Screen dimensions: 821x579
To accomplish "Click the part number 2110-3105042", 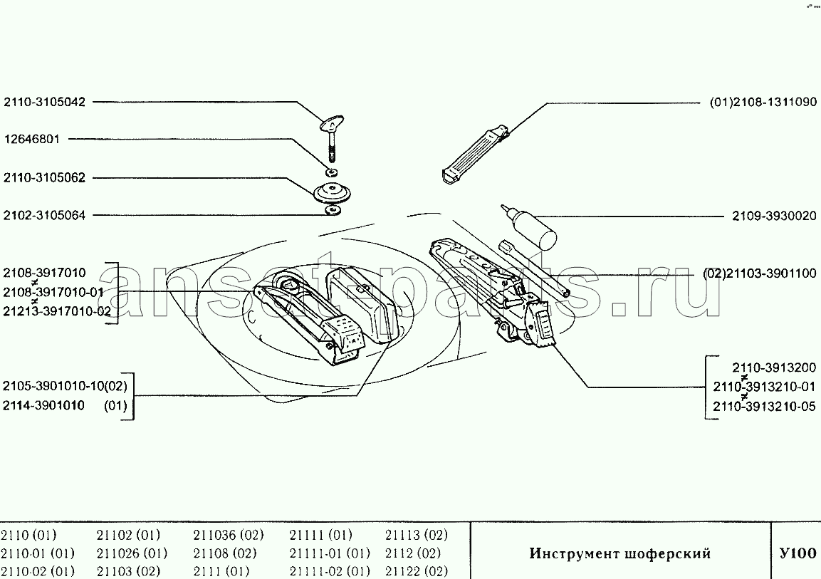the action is pos(44,102).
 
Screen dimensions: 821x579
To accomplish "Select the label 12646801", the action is pos(32,140).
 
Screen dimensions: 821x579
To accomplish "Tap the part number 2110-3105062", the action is pos(44,178).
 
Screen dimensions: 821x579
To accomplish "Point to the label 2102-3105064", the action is pos(44,215).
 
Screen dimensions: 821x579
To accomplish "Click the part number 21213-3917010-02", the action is pos(57,311).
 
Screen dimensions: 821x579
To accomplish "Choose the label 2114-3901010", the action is pos(43,406).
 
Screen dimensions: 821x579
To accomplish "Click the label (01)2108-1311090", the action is pos(763,102).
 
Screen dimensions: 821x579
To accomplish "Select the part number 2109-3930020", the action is pos(774,216).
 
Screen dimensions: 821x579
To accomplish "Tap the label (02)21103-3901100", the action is pos(760,273).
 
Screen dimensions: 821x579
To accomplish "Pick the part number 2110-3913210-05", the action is pos(764,406).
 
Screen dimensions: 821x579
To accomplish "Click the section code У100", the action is pos(798,553).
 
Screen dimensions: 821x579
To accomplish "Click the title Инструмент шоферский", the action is pos(619,554).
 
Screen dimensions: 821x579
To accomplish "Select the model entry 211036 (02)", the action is pos(229,535).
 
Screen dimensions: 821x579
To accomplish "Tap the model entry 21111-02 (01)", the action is pos(330,571).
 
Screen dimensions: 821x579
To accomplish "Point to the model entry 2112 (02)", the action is pos(413,553).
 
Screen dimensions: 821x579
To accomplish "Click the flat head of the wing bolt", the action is pos(331,123).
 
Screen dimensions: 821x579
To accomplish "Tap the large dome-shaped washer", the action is pos(332,193).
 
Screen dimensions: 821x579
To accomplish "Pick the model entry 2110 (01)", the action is pos(28,535).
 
